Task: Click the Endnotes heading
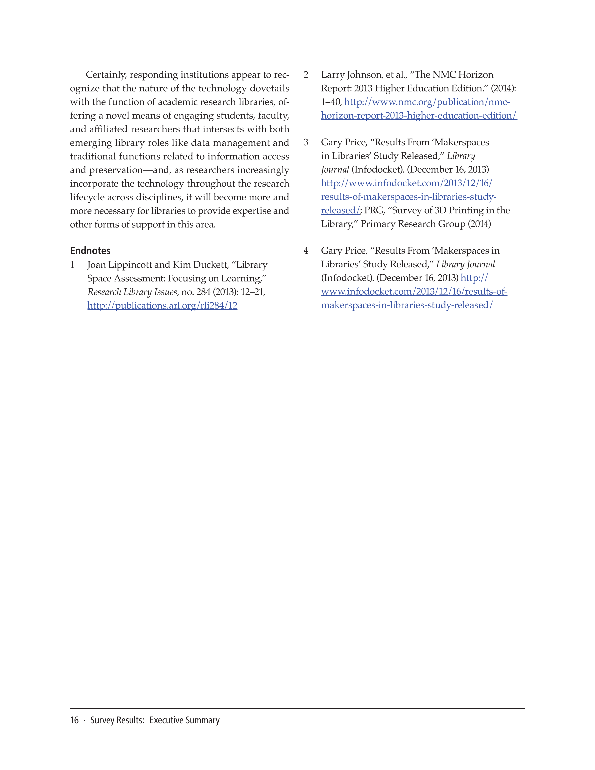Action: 90,251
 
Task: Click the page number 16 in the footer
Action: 74,720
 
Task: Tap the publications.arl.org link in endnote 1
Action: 162,306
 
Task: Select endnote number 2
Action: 306,75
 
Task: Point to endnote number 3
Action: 306,142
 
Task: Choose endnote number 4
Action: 306,251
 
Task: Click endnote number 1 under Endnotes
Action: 72,265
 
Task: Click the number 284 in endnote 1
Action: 203,292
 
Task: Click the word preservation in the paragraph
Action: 116,170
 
